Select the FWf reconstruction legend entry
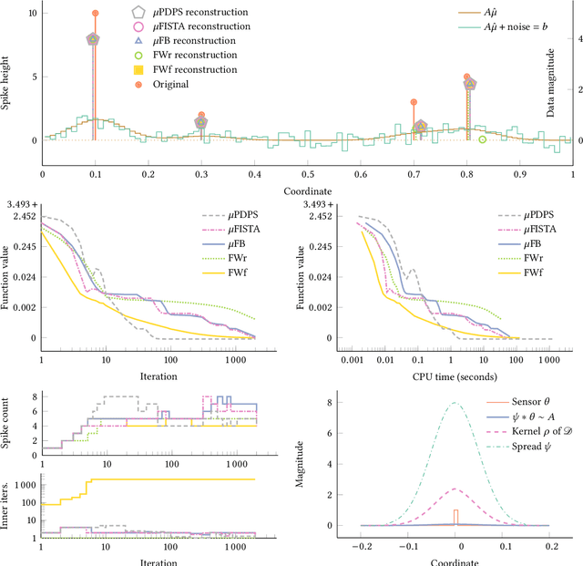coord(189,69)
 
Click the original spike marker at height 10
coord(95,14)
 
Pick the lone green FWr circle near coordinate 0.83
coord(482,139)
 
